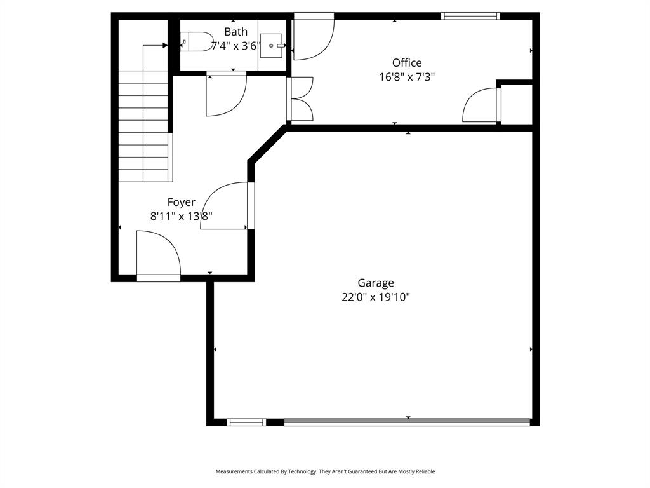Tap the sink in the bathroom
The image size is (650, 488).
[274, 46]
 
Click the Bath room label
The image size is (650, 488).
[235, 32]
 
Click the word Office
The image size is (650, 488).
[407, 62]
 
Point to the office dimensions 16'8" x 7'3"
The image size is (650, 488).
[407, 77]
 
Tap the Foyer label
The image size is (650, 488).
[181, 202]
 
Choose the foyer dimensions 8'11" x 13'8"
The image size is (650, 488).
[181, 216]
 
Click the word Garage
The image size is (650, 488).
[376, 283]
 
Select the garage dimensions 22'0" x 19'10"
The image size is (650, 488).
[376, 297]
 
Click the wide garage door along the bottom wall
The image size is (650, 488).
[407, 421]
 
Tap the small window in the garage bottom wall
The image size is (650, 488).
[246, 422]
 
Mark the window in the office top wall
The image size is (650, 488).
[470, 16]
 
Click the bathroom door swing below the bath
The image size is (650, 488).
[225, 95]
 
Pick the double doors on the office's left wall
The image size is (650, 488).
[300, 98]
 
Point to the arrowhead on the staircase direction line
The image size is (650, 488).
[165, 45]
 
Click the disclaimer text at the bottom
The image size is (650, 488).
[325, 471]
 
